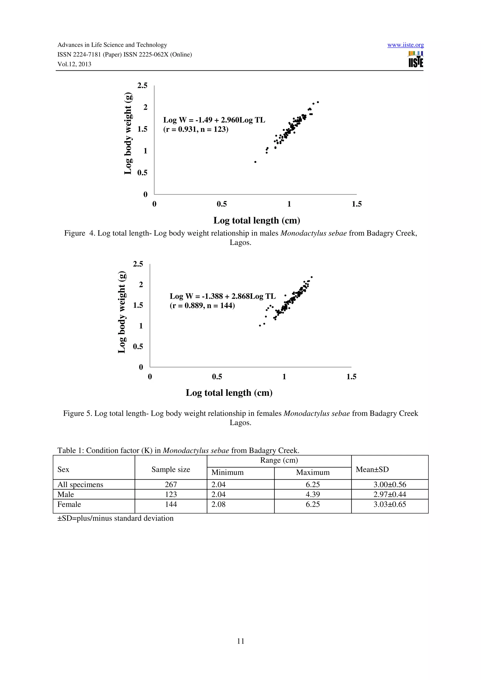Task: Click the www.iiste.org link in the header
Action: coord(405,45)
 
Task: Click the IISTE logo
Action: coord(415,59)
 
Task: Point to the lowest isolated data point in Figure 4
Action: coord(255,162)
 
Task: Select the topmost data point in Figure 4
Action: coord(318,102)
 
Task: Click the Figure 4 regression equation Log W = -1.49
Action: coord(214,120)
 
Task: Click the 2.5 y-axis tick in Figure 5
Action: coord(138,264)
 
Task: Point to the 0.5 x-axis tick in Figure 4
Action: coord(222,204)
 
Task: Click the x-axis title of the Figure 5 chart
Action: coord(229,393)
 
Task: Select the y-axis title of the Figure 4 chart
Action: coord(128,133)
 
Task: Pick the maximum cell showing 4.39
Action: coord(313,494)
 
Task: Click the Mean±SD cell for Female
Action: coord(389,504)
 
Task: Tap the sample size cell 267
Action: coord(171,485)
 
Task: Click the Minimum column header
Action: coord(227,472)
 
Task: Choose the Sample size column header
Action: coord(171,470)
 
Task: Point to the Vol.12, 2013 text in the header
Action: coord(74,64)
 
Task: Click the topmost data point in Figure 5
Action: coord(311,277)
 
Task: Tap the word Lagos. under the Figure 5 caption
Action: coord(240,423)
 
